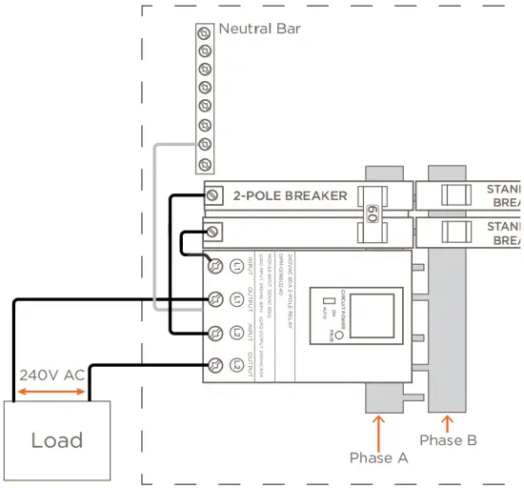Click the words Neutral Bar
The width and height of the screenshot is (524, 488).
click(x=259, y=29)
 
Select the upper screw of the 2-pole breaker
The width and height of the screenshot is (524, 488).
click(x=214, y=195)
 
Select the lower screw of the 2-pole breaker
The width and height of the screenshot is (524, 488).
click(x=214, y=232)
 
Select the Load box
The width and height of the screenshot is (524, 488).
click(x=57, y=439)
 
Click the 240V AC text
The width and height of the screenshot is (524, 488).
click(x=51, y=375)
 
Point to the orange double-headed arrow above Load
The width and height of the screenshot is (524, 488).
click(x=51, y=391)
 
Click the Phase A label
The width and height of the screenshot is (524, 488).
click(x=377, y=457)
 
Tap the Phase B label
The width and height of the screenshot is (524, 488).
click(x=448, y=440)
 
